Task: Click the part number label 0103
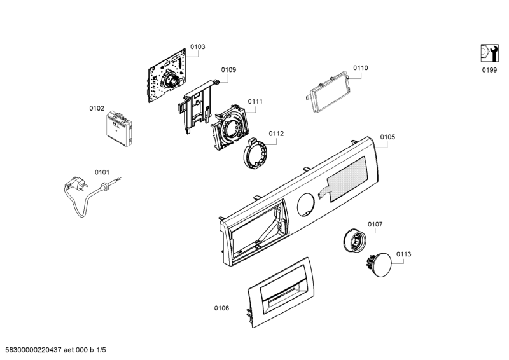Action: click(198, 46)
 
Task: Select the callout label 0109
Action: click(228, 70)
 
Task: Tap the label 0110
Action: click(361, 68)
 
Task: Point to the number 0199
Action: click(489, 70)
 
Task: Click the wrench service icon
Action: click(489, 53)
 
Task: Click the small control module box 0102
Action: click(119, 128)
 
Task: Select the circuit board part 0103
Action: click(167, 75)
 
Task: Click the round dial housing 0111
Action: click(229, 128)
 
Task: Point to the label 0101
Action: click(102, 172)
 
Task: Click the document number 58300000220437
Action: click(31, 350)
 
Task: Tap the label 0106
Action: click(221, 308)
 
